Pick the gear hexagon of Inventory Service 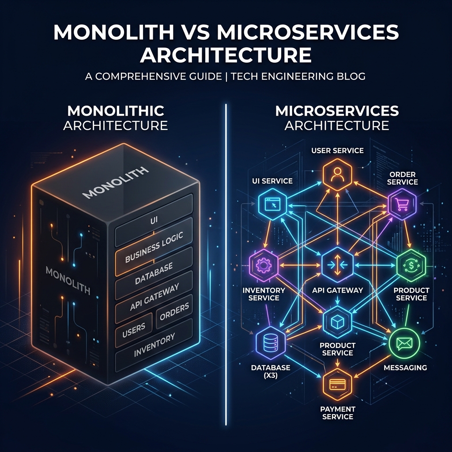coord(264,265)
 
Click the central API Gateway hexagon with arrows coord(337,265)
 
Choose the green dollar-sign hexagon coord(411,265)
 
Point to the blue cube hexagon coord(337,322)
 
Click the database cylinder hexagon coord(271,343)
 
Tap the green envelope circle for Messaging coord(404,343)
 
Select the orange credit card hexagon coord(337,384)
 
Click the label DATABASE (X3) coord(271,371)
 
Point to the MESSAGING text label coord(405,368)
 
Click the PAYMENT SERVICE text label coord(338,413)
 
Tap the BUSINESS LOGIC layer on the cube coord(154,247)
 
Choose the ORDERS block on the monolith coord(174,312)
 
